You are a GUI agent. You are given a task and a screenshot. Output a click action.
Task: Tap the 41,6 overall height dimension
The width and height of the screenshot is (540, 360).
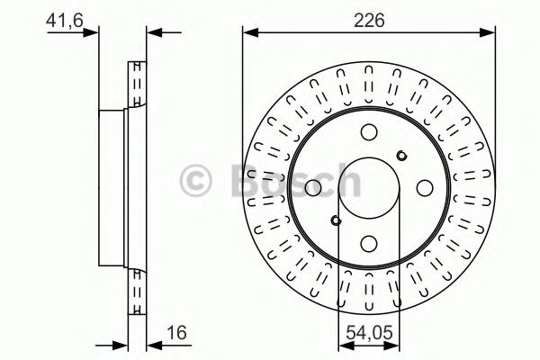pos(62,18)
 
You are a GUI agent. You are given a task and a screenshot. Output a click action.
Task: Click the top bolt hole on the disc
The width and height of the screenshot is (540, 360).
pos(369,132)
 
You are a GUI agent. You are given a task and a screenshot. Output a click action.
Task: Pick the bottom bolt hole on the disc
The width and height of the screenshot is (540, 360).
pos(369,243)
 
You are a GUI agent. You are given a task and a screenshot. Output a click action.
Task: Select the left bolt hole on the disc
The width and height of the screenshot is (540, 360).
pos(313,188)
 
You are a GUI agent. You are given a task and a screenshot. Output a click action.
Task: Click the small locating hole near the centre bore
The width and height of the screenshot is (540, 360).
pos(337,220)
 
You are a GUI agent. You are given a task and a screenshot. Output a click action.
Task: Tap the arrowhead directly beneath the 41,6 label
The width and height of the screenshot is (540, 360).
pos(90,34)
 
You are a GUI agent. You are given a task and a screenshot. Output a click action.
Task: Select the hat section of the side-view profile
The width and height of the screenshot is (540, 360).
pos(112,188)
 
